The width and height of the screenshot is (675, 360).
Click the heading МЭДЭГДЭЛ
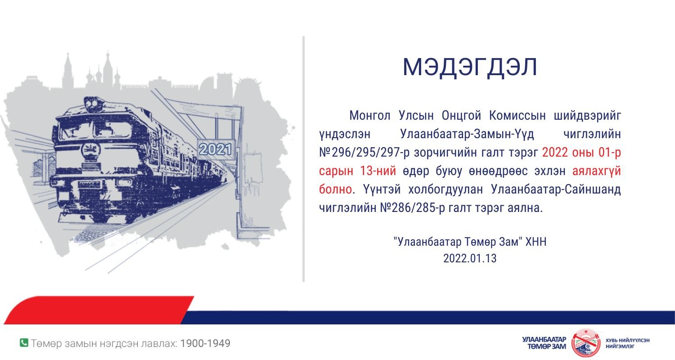(x=470, y=67)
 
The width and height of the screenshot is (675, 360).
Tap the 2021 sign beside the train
(x=216, y=149)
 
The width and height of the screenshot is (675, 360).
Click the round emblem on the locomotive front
(x=90, y=150)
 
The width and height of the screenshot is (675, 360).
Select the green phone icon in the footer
(x=24, y=343)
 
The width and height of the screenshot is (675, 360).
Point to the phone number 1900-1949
(x=205, y=343)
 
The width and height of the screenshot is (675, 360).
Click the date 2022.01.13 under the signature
(x=470, y=258)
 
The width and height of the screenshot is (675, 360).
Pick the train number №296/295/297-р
(x=364, y=153)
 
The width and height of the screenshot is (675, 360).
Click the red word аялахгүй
(x=596, y=171)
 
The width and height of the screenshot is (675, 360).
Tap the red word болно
(x=335, y=189)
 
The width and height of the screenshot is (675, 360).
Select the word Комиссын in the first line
(x=517, y=116)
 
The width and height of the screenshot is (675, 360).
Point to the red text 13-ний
(x=378, y=171)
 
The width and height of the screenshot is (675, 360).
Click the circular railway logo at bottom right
(x=586, y=343)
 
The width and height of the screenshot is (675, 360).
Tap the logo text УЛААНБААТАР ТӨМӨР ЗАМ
(x=544, y=343)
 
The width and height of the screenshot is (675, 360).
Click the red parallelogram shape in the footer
(x=99, y=310)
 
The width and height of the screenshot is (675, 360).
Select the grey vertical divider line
(x=303, y=159)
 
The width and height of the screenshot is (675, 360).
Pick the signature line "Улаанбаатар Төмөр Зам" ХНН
(x=470, y=242)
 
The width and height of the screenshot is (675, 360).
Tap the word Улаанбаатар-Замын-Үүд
(x=467, y=134)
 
